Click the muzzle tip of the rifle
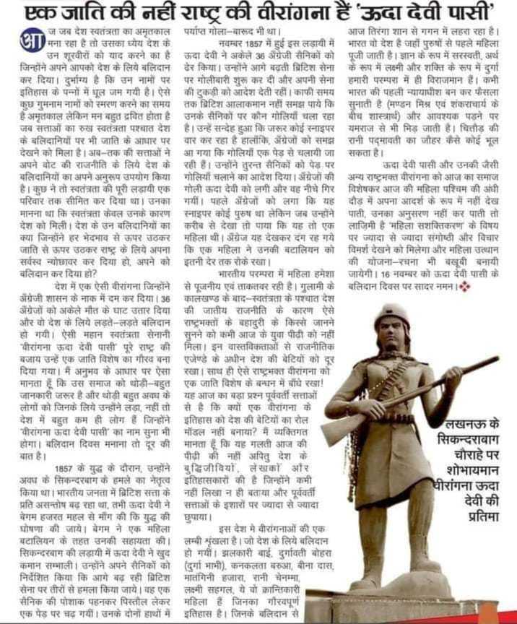pyautogui.click(x=497, y=359)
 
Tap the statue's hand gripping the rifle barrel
pyautogui.click(x=453, y=376)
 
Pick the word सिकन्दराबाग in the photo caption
pyautogui.click(x=469, y=440)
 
